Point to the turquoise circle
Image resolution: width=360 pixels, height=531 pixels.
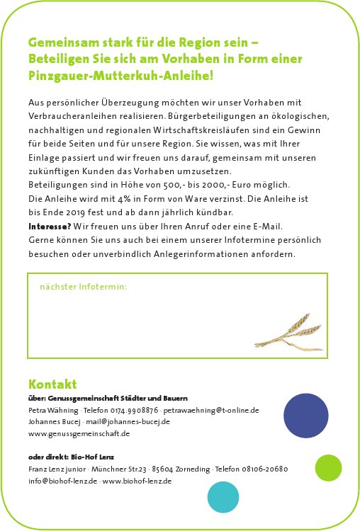[223, 498]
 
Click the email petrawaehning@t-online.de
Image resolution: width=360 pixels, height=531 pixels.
[210, 410]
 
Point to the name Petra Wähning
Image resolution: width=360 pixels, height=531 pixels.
[53, 410]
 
